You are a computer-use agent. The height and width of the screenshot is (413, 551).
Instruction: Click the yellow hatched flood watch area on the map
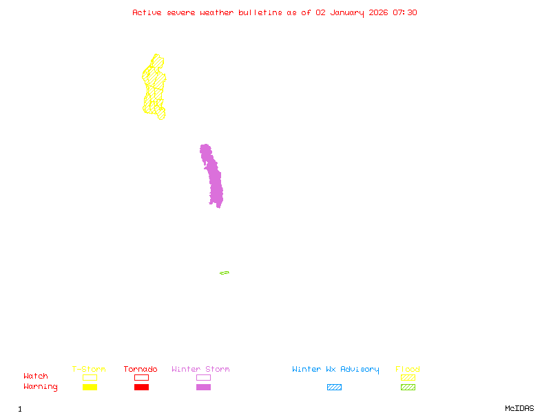coord(154,86)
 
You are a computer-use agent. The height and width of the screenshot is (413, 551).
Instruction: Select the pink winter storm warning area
coord(214,179)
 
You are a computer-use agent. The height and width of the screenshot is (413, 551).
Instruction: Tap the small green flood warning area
coord(225,273)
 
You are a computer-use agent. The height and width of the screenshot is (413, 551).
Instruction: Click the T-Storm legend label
coord(89,370)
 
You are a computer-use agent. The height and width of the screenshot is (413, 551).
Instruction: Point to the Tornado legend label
coord(141,370)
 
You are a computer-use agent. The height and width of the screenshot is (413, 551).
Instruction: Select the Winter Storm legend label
coord(200,370)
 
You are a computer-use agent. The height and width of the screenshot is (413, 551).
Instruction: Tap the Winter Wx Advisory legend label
coord(335,370)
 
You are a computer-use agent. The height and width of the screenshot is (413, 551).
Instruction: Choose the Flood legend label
coord(408,370)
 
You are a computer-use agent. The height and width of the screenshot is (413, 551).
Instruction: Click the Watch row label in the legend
coord(36,377)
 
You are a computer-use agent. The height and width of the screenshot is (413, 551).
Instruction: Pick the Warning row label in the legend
coord(41,387)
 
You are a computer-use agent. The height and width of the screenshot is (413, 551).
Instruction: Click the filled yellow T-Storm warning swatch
coord(90,388)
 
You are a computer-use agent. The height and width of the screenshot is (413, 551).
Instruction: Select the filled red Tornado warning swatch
coord(141,388)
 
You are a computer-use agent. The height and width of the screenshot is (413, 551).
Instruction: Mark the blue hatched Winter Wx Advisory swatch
coord(334,388)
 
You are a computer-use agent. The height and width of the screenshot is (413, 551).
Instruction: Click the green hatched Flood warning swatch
coord(408,388)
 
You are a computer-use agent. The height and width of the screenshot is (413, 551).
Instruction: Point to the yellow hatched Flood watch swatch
coord(408,377)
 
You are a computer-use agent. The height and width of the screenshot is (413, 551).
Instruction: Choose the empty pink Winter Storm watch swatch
coord(203,377)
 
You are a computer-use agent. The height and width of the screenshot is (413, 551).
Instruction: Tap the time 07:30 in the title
coord(405,12)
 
